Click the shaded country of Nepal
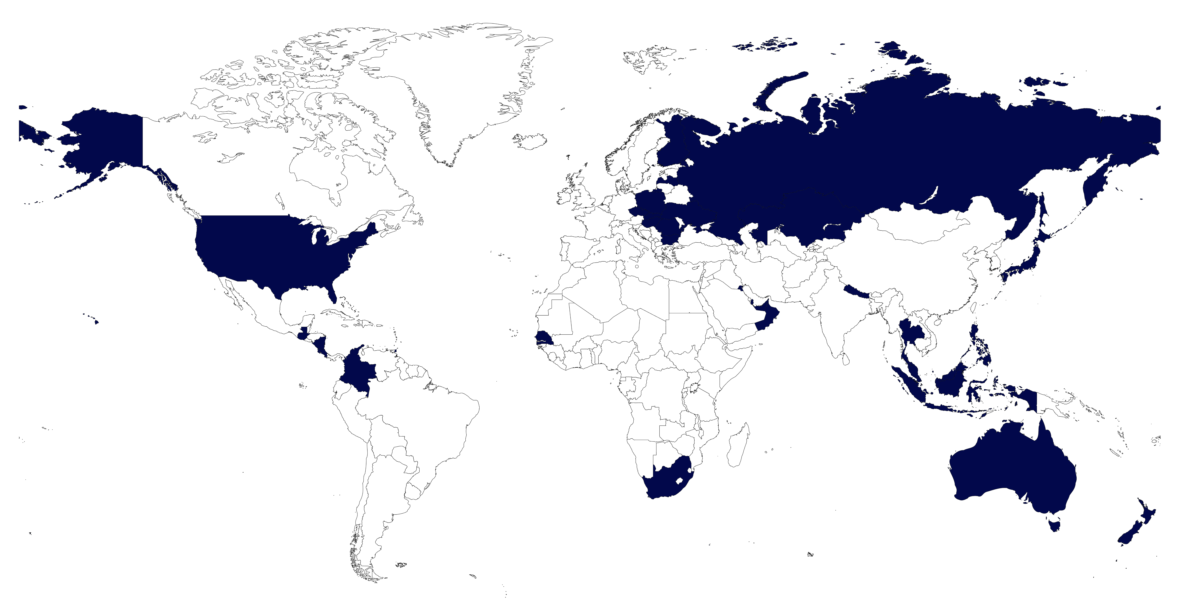855,291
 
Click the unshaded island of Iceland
530,140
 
